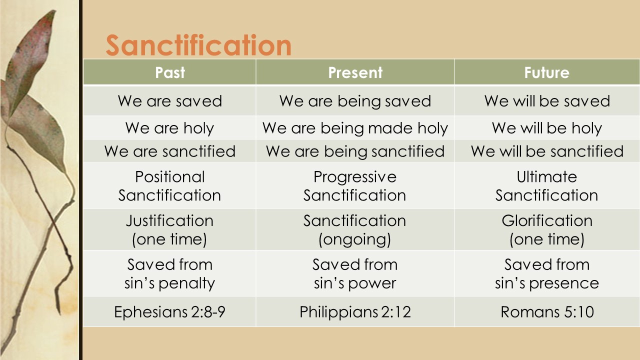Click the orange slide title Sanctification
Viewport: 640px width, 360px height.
198,45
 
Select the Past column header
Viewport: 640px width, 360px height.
169,72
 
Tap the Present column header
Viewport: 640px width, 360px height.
355,72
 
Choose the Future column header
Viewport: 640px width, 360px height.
546,72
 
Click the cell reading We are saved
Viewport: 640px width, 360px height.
169,101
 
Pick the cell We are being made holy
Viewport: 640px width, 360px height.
355,128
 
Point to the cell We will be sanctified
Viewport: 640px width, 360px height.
547,151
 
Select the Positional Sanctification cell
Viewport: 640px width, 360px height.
169,185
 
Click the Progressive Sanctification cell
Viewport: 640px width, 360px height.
355,185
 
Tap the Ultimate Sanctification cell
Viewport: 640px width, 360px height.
546,185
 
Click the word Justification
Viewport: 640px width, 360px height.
169,220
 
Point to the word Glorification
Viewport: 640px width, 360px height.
547,220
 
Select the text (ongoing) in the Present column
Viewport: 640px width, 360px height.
355,239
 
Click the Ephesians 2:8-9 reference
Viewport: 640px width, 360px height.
169,312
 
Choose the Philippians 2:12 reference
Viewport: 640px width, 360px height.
355,312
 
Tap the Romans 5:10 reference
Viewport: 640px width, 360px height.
547,312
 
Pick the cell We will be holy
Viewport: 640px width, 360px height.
547,128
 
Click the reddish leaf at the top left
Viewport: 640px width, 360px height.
35,55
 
